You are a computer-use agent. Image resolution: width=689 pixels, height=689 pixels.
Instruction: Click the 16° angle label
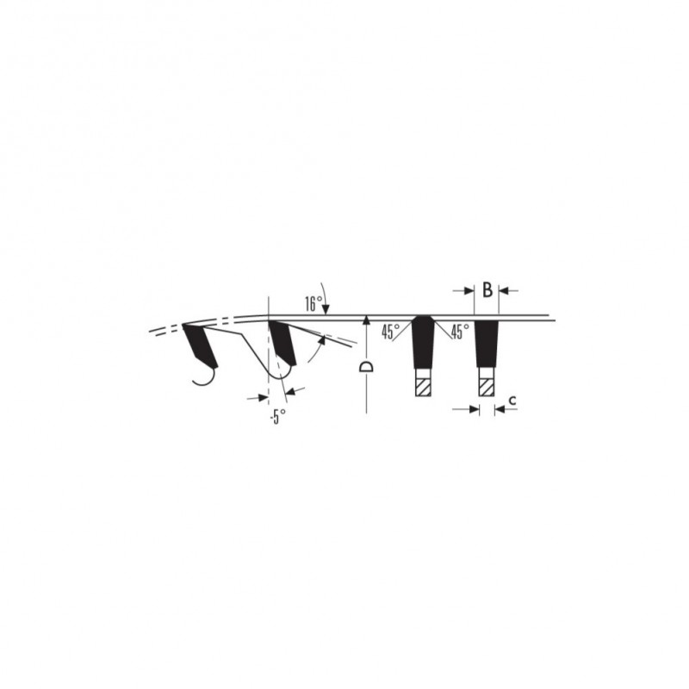[313, 304]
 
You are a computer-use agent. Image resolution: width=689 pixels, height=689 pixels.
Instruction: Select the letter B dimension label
[487, 290]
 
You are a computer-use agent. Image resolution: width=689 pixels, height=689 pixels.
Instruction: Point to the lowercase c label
[512, 400]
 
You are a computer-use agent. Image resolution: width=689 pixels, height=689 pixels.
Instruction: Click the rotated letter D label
[366, 367]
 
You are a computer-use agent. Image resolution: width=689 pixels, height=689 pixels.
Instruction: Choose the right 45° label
[460, 332]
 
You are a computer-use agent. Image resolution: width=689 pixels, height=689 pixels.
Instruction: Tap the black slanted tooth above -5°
[282, 342]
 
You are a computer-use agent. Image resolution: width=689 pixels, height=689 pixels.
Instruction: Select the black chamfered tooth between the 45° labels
[423, 341]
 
